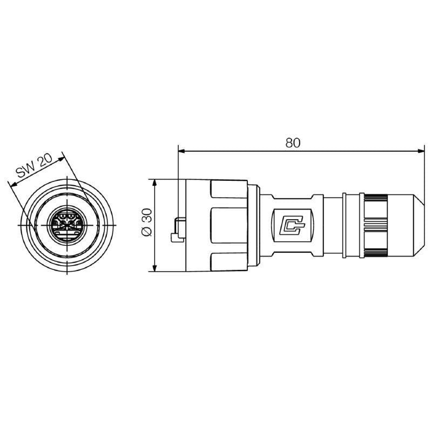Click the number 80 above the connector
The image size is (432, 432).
292,143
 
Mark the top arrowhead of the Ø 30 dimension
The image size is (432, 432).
155,181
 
